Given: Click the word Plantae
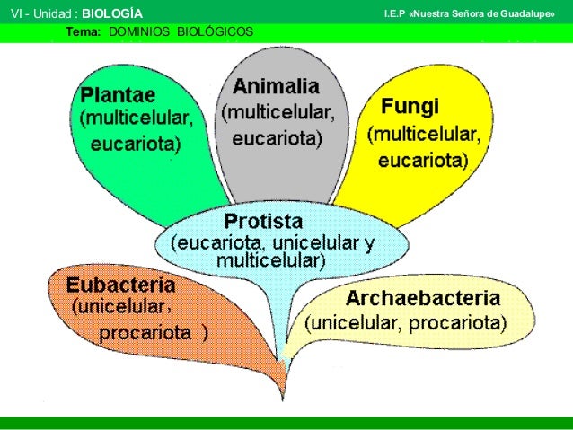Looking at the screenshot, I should tap(118, 94).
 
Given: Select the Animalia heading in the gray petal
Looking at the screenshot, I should tap(276, 87).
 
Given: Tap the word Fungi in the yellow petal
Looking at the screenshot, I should tap(410, 108).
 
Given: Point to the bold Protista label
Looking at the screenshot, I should tap(263, 221).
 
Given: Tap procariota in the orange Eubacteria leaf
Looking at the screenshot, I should tap(145, 333).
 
